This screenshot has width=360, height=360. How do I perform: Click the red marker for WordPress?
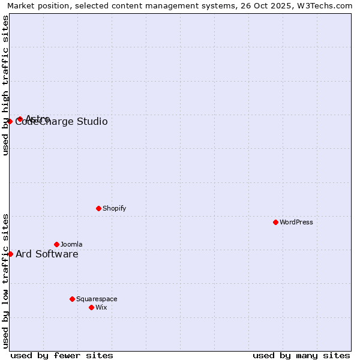[x=275, y=222]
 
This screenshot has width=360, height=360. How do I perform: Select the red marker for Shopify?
[x=98, y=208]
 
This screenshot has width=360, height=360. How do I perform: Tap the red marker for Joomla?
[x=56, y=244]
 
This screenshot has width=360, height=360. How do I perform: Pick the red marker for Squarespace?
[x=72, y=299]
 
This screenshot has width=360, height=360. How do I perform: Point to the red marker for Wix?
[x=91, y=307]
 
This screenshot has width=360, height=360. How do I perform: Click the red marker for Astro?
[x=20, y=119]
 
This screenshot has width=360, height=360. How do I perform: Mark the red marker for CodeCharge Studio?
[x=10, y=121]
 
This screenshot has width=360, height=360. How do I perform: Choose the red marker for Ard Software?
[x=10, y=254]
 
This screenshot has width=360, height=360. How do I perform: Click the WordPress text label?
[x=296, y=223]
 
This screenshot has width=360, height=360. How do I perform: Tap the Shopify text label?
[x=115, y=209]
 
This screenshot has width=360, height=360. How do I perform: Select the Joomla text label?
[x=71, y=245]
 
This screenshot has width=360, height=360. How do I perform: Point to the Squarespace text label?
[x=97, y=299]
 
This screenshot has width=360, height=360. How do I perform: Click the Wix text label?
[x=101, y=308]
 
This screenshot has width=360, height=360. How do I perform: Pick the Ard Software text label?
[x=47, y=254]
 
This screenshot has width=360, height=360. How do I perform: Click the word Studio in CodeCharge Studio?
[x=92, y=122]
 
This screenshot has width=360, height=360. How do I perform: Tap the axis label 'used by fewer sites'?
[x=62, y=356]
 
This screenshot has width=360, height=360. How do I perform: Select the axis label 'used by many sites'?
[x=301, y=356]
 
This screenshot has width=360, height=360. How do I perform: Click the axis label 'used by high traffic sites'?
[x=5, y=85]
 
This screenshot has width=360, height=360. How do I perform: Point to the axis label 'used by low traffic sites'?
[x=5, y=281]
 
